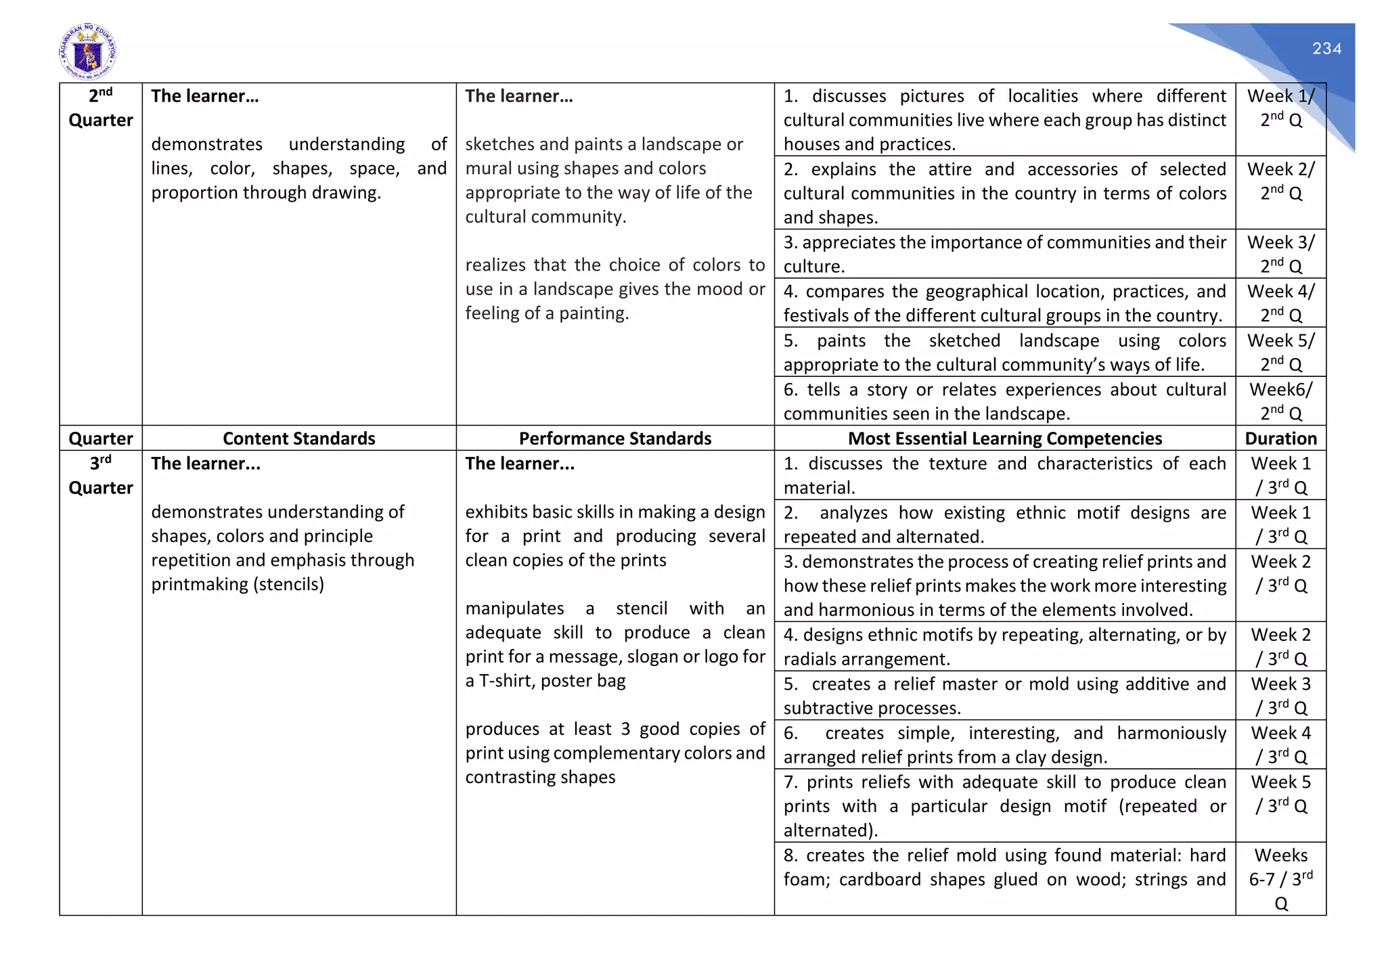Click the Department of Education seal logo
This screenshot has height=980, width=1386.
87,52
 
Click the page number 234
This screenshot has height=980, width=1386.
1326,49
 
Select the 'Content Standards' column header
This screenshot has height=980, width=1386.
298,439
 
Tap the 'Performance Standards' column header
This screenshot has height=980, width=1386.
614,439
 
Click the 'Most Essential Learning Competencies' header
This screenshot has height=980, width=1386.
1004,439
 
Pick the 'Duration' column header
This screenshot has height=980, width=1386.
1280,439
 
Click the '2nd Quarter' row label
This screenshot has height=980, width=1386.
101,108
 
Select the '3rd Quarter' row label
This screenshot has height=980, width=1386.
101,476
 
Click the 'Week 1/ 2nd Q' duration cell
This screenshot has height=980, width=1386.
1280,108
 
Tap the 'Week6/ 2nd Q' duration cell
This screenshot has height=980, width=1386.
1280,401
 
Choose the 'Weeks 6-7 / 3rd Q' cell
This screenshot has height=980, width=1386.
1280,879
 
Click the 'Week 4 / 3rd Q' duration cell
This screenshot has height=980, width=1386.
1280,744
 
